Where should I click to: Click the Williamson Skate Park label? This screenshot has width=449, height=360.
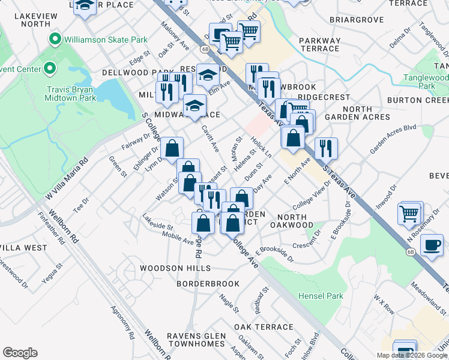tap(105, 40)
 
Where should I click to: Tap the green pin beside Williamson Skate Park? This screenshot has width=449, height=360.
tap(55, 40)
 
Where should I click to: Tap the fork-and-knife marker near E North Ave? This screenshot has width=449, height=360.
tap(326, 148)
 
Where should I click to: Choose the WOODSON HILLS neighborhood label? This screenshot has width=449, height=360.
tap(175, 268)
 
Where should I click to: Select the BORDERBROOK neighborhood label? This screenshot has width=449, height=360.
tap(208, 283)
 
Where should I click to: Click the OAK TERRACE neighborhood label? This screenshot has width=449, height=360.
tap(264, 327)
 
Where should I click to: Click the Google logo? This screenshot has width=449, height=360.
tap(20, 353)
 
